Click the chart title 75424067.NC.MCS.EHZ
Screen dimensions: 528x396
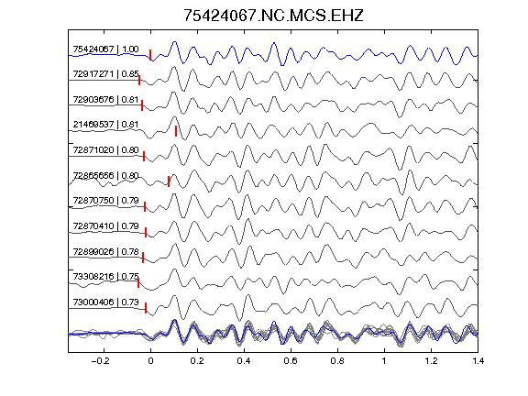(273, 16)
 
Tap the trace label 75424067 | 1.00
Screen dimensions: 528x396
(105, 49)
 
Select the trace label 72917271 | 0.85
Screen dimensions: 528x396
(105, 73)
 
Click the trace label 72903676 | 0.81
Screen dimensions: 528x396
(105, 100)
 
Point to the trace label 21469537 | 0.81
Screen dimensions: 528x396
(105, 125)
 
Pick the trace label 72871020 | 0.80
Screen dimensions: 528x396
(105, 149)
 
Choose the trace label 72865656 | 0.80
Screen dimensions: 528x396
(105, 176)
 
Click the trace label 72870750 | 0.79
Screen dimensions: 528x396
(105, 201)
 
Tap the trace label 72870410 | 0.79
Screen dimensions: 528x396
(105, 225)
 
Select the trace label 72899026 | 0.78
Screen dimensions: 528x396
(105, 252)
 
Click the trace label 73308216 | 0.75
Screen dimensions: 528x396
(105, 277)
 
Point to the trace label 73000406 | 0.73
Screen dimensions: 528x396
(105, 302)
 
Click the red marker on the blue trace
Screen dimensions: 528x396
(150, 55)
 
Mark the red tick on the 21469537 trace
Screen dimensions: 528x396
(176, 131)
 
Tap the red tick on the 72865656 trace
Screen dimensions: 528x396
(169, 181)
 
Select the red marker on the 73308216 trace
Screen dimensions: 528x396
(138, 282)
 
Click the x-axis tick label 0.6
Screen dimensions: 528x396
(291, 361)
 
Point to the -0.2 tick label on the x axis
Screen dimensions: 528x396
(100, 361)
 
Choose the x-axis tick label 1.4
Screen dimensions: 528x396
(478, 361)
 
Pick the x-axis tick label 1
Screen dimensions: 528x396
(384, 361)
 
